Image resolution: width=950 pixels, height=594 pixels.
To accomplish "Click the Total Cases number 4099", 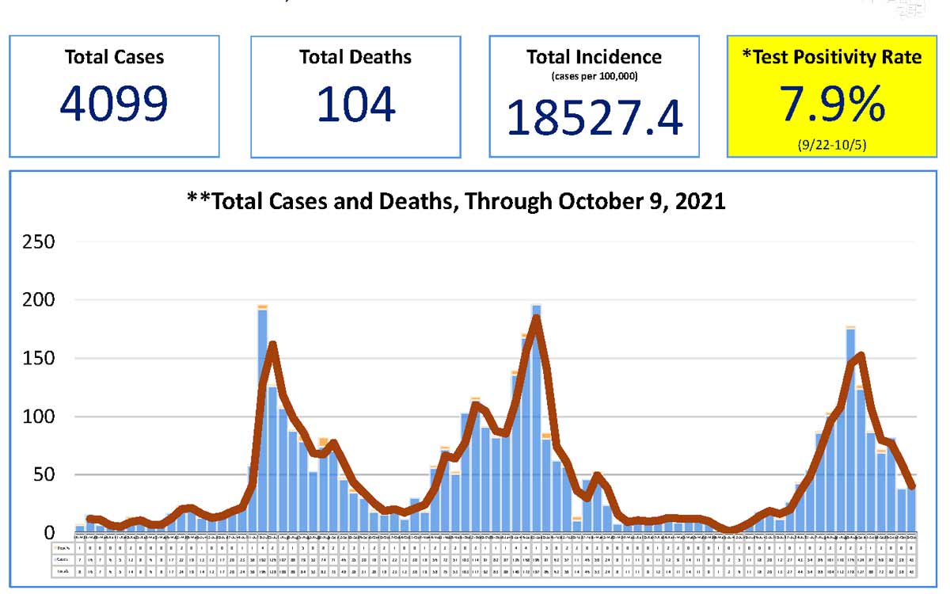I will [114, 105].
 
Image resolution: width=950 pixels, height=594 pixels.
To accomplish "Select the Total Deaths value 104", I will [355, 105].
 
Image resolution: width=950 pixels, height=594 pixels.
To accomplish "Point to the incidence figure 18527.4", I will [594, 117].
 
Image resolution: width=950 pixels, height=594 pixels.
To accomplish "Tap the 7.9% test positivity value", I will [832, 105].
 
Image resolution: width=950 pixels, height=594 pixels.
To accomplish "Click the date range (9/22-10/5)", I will [832, 145].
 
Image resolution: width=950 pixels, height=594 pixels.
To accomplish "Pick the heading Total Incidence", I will [594, 57].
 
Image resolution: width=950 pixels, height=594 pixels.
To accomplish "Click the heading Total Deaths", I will [355, 57].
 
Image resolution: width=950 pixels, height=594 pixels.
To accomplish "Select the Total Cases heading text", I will [114, 57].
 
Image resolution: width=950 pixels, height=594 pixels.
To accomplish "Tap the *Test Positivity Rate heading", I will [832, 58].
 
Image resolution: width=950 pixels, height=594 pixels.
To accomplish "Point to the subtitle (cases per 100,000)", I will [594, 76].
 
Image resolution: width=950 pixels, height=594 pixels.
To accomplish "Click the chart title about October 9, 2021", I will [455, 201].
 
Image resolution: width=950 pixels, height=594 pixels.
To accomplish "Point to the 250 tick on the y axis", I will [39, 242].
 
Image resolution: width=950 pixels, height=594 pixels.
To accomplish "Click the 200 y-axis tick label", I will [39, 301].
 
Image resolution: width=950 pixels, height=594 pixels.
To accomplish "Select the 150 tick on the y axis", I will [39, 359].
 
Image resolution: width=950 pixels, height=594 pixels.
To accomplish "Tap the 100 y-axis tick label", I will [39, 417].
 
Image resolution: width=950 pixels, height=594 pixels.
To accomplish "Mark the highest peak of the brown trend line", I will [536, 318].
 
